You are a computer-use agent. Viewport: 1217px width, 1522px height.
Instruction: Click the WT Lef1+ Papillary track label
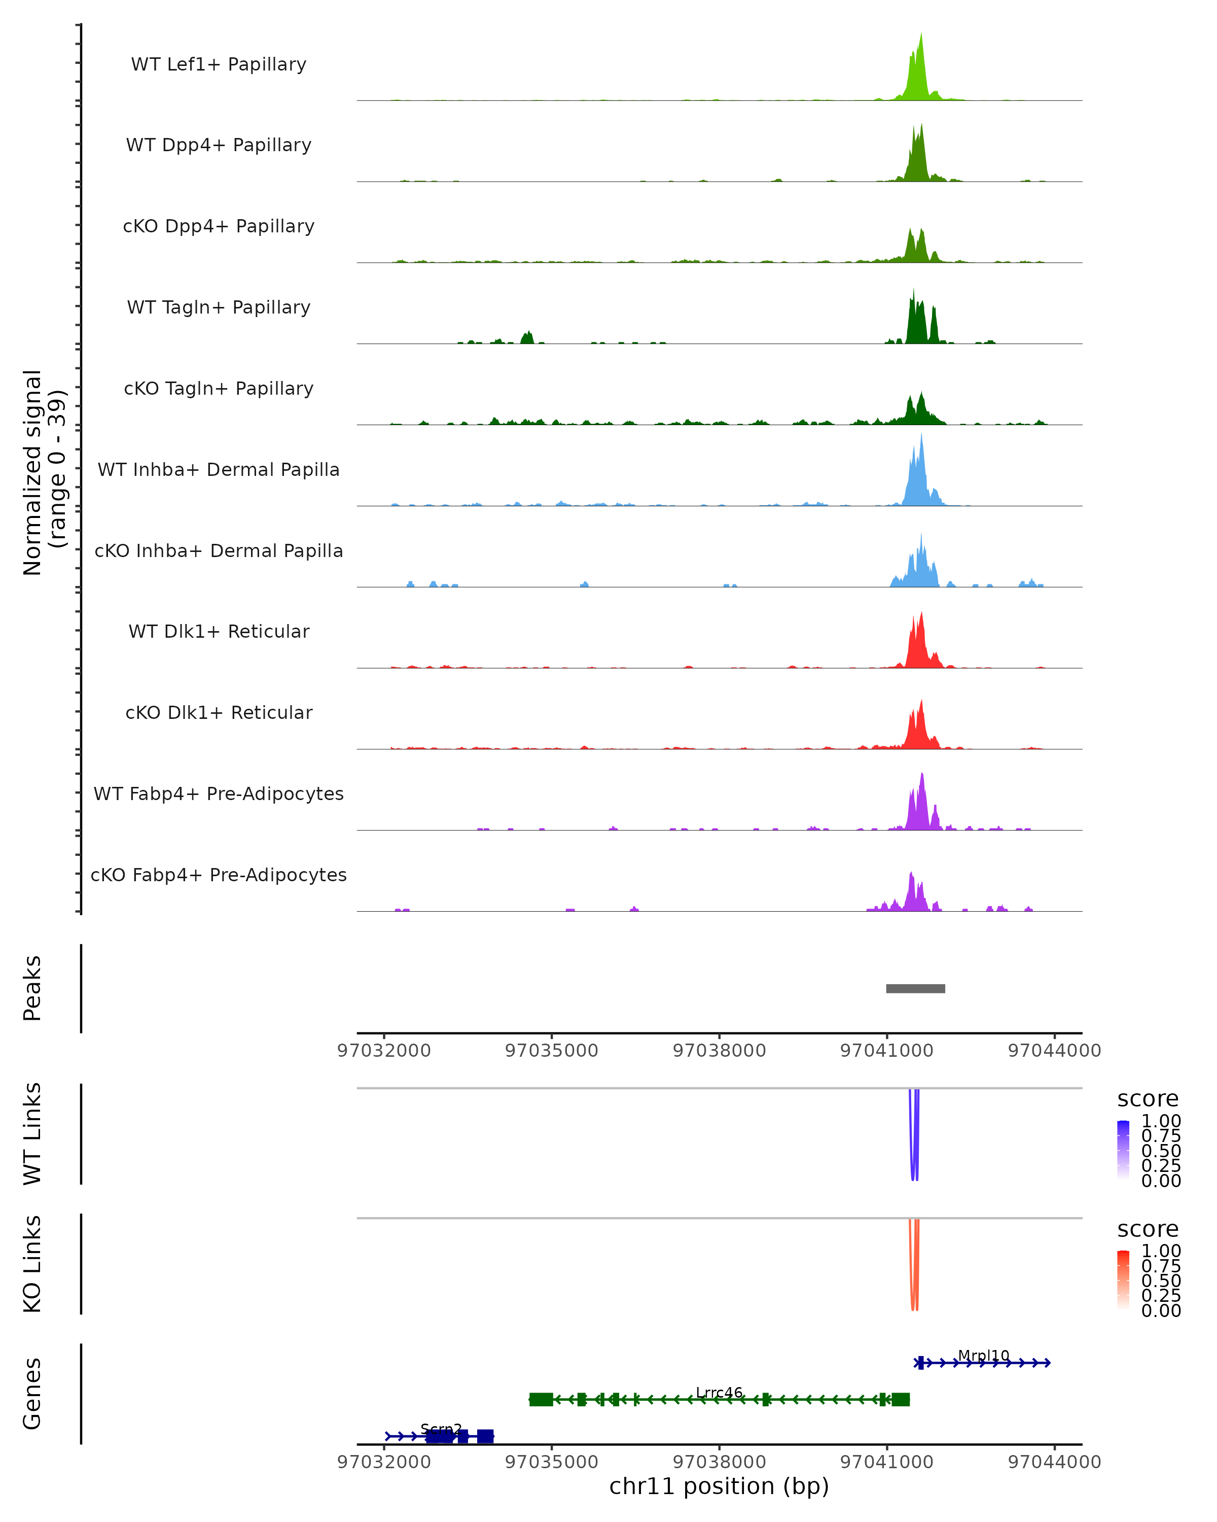[x=219, y=64]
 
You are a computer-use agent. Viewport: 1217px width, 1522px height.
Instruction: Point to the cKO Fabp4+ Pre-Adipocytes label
[x=219, y=875]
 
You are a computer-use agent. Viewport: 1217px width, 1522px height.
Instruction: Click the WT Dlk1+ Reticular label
[x=219, y=631]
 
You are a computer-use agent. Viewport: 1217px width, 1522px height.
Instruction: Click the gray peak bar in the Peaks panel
[x=915, y=988]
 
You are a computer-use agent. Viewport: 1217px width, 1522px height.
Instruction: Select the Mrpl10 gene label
[x=983, y=1356]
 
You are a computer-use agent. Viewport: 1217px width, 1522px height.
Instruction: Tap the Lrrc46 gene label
[x=719, y=1392]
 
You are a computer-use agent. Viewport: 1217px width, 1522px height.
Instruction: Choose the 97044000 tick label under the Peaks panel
[x=1054, y=1051]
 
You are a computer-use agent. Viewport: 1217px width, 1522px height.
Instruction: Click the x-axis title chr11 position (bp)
[x=719, y=1486]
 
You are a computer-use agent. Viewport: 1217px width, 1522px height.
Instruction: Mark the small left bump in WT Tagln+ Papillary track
[x=527, y=337]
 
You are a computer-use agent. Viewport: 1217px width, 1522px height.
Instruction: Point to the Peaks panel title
[x=32, y=988]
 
